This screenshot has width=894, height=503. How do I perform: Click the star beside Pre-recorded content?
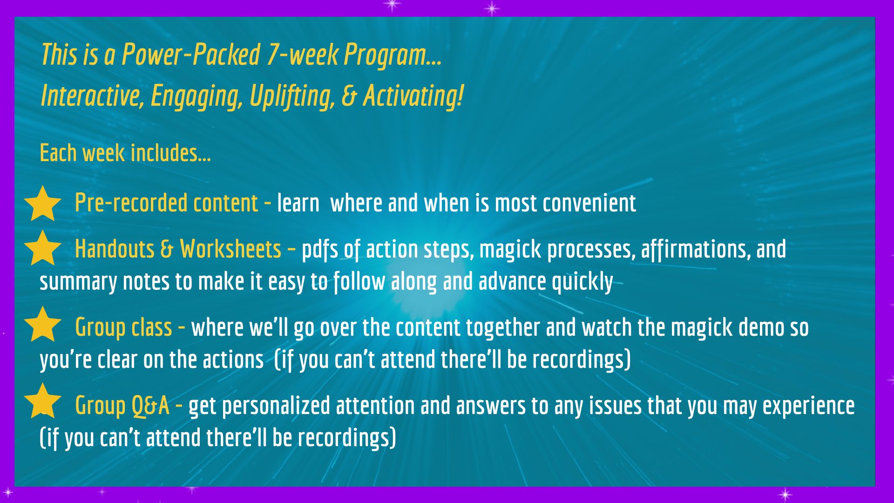[x=43, y=204]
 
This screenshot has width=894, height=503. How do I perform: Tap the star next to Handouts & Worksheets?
[x=43, y=248]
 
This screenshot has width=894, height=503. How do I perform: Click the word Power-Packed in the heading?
[x=190, y=54]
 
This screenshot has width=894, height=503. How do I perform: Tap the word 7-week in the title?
[x=302, y=54]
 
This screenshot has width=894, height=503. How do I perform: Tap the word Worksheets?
[x=230, y=249]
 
